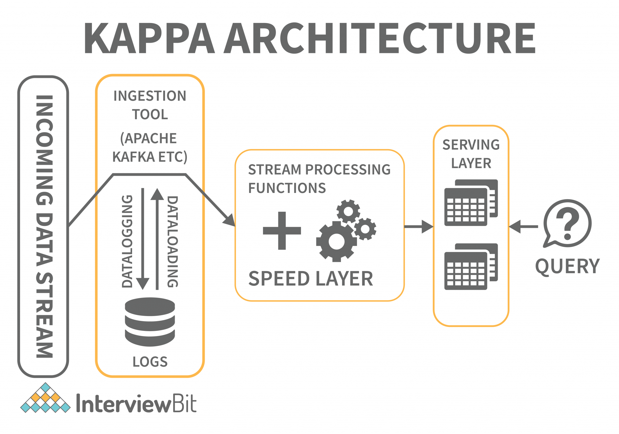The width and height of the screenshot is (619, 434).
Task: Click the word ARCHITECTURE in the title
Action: click(380, 39)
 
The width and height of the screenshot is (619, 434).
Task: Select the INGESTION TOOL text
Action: click(150, 105)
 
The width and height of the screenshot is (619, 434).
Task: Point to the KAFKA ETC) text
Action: click(150, 157)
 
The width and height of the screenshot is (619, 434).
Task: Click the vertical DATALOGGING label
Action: click(127, 241)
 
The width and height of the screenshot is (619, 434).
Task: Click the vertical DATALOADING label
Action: click(173, 241)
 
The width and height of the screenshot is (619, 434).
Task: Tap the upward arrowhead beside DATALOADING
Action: click(157, 194)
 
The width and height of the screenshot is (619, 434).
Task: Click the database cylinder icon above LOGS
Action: click(150, 322)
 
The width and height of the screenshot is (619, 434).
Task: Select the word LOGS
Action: click(150, 362)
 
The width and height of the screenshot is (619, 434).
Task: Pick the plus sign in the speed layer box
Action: click(282, 231)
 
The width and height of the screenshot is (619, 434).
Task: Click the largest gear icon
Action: click(336, 241)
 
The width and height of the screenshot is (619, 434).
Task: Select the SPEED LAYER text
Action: click(311, 279)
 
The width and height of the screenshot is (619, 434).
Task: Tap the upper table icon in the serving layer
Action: click(471, 203)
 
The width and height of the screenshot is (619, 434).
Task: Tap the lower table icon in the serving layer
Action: click(471, 267)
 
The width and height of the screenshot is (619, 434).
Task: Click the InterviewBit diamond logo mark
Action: click(45, 398)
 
